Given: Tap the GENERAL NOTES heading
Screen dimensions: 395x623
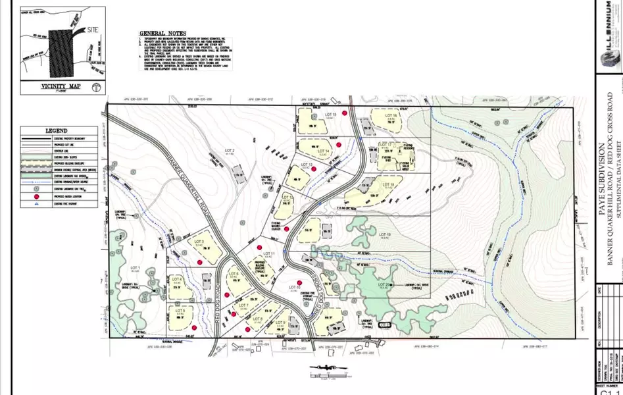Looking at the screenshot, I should (x=162, y=33).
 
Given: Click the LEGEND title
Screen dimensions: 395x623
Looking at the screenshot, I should (x=56, y=131).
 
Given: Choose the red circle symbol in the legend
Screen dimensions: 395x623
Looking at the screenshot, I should (x=30, y=197).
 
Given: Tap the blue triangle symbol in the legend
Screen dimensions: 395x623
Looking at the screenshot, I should (x=30, y=205).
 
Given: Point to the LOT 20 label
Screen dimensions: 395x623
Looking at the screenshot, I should (x=384, y=284).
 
